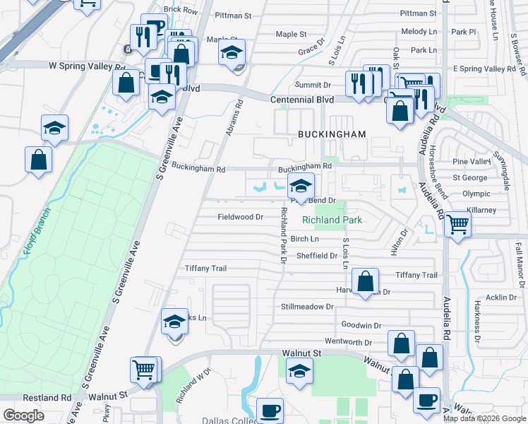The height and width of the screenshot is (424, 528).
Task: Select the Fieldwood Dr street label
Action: pos(240,217)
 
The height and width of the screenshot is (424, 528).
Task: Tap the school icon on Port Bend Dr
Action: pos(301,187)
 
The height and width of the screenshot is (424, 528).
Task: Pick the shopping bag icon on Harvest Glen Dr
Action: pos(364,283)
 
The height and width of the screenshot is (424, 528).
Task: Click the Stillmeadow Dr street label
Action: pos(306,307)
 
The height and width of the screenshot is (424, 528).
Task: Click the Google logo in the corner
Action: pos(23,416)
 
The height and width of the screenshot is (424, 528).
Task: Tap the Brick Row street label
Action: pos(180,11)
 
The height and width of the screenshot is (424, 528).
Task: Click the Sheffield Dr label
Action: pos(317,256)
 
